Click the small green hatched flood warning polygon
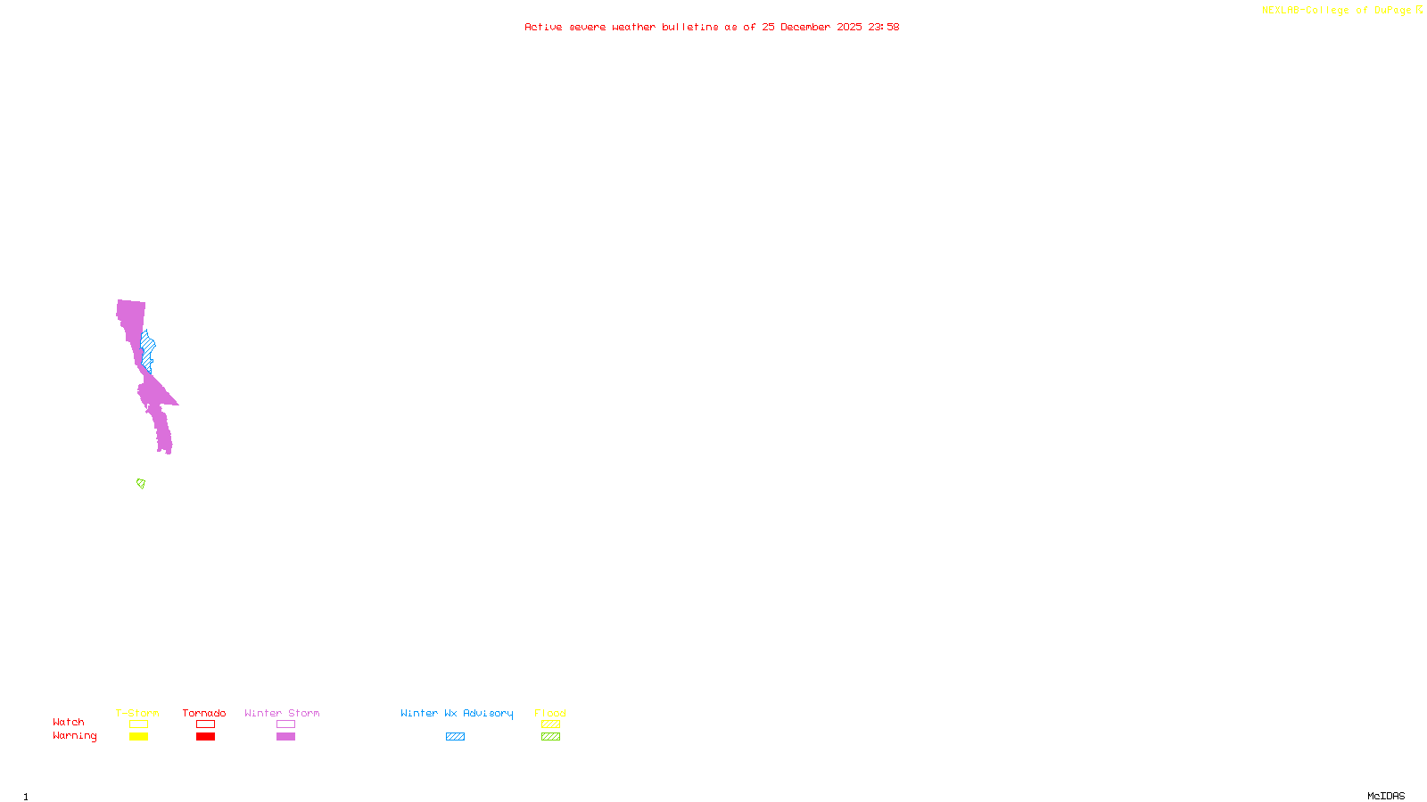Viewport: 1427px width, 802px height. pos(141,484)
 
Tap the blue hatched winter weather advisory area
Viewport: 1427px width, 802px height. pos(148,347)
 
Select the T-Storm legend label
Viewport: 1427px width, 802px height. pos(137,713)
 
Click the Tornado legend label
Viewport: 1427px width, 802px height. pos(204,713)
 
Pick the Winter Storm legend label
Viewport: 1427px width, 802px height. pos(282,713)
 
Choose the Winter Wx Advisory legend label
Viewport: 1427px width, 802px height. pos(457,713)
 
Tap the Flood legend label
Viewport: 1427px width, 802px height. pos(550,713)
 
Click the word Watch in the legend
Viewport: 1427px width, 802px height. pos(69,722)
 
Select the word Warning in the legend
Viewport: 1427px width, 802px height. pos(75,736)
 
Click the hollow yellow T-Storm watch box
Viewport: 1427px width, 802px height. pos(138,724)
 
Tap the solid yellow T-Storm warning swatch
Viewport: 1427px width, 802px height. pos(138,737)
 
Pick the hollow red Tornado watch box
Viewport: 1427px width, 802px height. pos(205,724)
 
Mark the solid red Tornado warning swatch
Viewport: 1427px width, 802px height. pos(205,737)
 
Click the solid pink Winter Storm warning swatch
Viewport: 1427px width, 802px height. pos(285,737)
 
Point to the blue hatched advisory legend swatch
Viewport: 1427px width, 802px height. pos(455,737)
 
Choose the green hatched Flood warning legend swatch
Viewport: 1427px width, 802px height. pos(550,737)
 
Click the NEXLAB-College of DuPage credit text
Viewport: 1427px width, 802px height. pos(1337,11)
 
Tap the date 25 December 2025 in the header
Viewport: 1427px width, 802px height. pos(812,27)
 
